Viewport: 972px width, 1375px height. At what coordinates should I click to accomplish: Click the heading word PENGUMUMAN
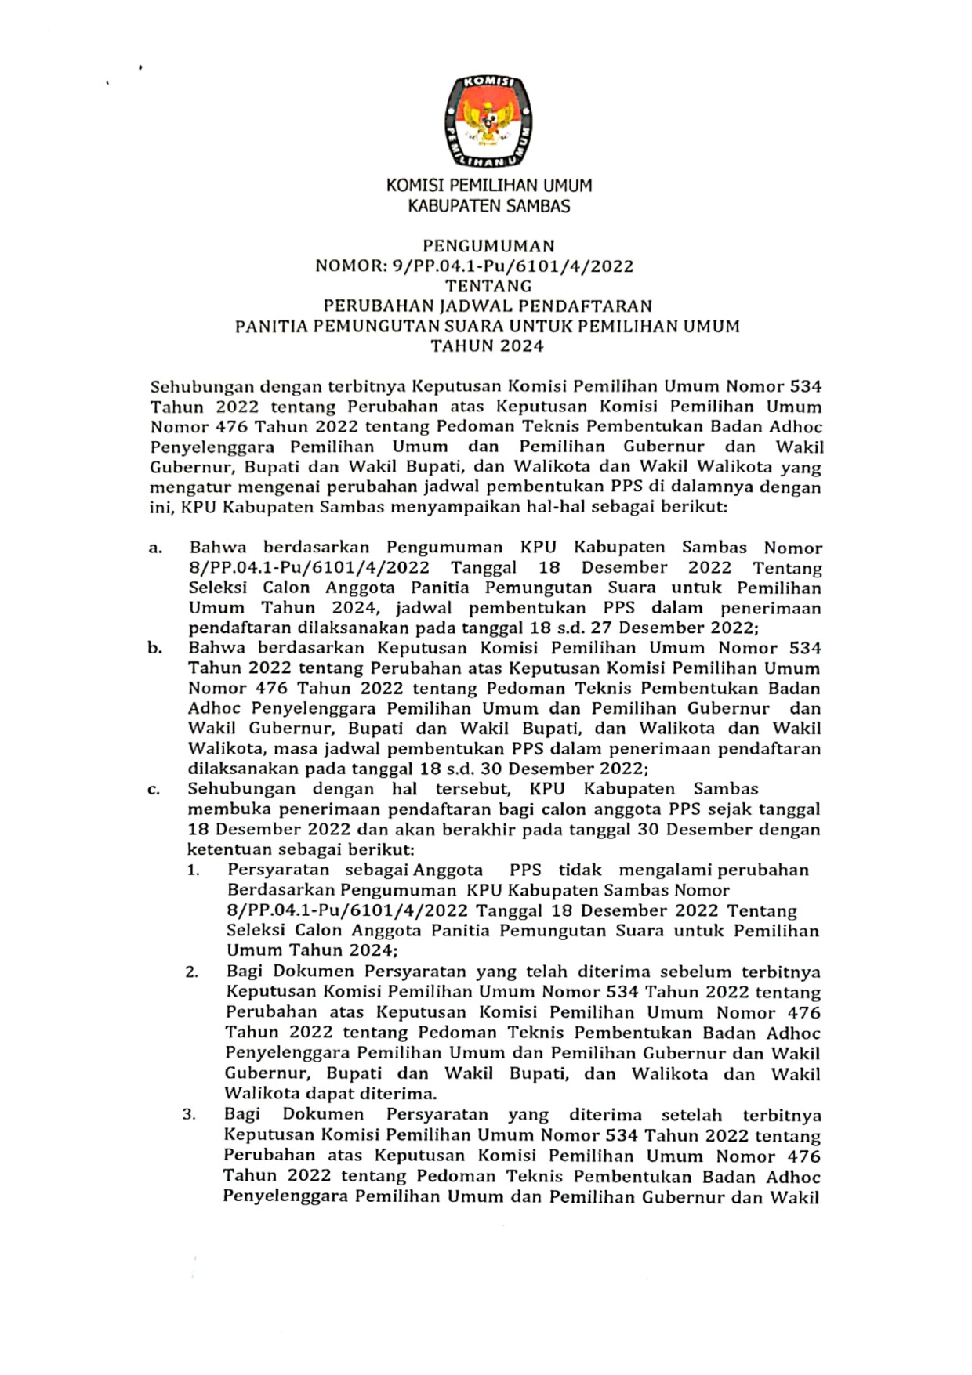pos(488,246)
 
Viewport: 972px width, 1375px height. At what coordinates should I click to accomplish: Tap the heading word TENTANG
pos(488,286)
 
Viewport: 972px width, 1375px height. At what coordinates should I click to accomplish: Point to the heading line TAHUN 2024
pos(488,346)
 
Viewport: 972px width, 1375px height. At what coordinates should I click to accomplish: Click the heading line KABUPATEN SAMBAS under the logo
pos(488,207)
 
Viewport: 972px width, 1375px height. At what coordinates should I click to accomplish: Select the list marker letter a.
pos(155,548)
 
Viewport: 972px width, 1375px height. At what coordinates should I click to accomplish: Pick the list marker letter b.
pos(155,649)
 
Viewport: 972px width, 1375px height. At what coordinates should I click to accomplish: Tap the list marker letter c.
pos(154,790)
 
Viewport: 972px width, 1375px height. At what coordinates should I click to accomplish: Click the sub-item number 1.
pos(193,870)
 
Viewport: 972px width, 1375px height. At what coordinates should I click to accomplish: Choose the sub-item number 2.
pos(192,972)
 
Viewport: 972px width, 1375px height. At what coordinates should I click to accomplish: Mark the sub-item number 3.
pos(190,1115)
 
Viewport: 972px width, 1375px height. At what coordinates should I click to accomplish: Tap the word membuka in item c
pos(221,809)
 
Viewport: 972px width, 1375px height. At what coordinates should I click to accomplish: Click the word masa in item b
pos(294,749)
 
